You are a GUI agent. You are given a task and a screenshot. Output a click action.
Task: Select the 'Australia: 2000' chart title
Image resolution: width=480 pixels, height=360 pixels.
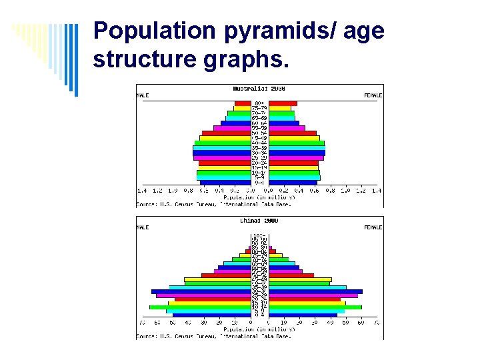[259, 89]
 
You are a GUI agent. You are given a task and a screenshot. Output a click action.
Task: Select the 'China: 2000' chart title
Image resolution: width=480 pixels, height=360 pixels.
[259, 221]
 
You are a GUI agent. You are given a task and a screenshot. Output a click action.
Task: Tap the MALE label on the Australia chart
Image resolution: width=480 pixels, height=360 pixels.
[143, 95]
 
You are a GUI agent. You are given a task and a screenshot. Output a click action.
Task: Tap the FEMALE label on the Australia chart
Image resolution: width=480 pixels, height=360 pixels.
[373, 95]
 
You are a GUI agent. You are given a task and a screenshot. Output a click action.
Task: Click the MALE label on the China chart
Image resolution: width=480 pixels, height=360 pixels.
[143, 227]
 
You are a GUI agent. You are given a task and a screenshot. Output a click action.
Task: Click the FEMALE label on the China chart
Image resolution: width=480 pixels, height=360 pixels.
[373, 227]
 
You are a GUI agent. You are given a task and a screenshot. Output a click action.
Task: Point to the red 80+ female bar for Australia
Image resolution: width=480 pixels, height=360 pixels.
[283, 103]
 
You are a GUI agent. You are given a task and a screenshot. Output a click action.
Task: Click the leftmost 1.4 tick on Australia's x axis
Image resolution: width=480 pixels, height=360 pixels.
[142, 191]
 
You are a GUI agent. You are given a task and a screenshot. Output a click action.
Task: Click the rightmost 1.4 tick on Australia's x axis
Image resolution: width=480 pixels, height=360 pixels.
[377, 191]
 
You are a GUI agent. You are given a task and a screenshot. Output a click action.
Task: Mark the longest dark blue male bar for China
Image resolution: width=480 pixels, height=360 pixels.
[201, 291]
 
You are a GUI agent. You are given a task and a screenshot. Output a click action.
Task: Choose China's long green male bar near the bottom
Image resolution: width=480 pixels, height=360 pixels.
[199, 307]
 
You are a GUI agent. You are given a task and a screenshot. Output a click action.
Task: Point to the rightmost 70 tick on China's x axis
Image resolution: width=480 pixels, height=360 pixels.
[377, 323]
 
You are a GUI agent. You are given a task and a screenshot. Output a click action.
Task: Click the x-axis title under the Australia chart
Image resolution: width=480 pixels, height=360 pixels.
[259, 197]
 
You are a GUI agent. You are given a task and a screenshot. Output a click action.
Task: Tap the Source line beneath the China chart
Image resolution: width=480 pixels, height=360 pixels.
[213, 336]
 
